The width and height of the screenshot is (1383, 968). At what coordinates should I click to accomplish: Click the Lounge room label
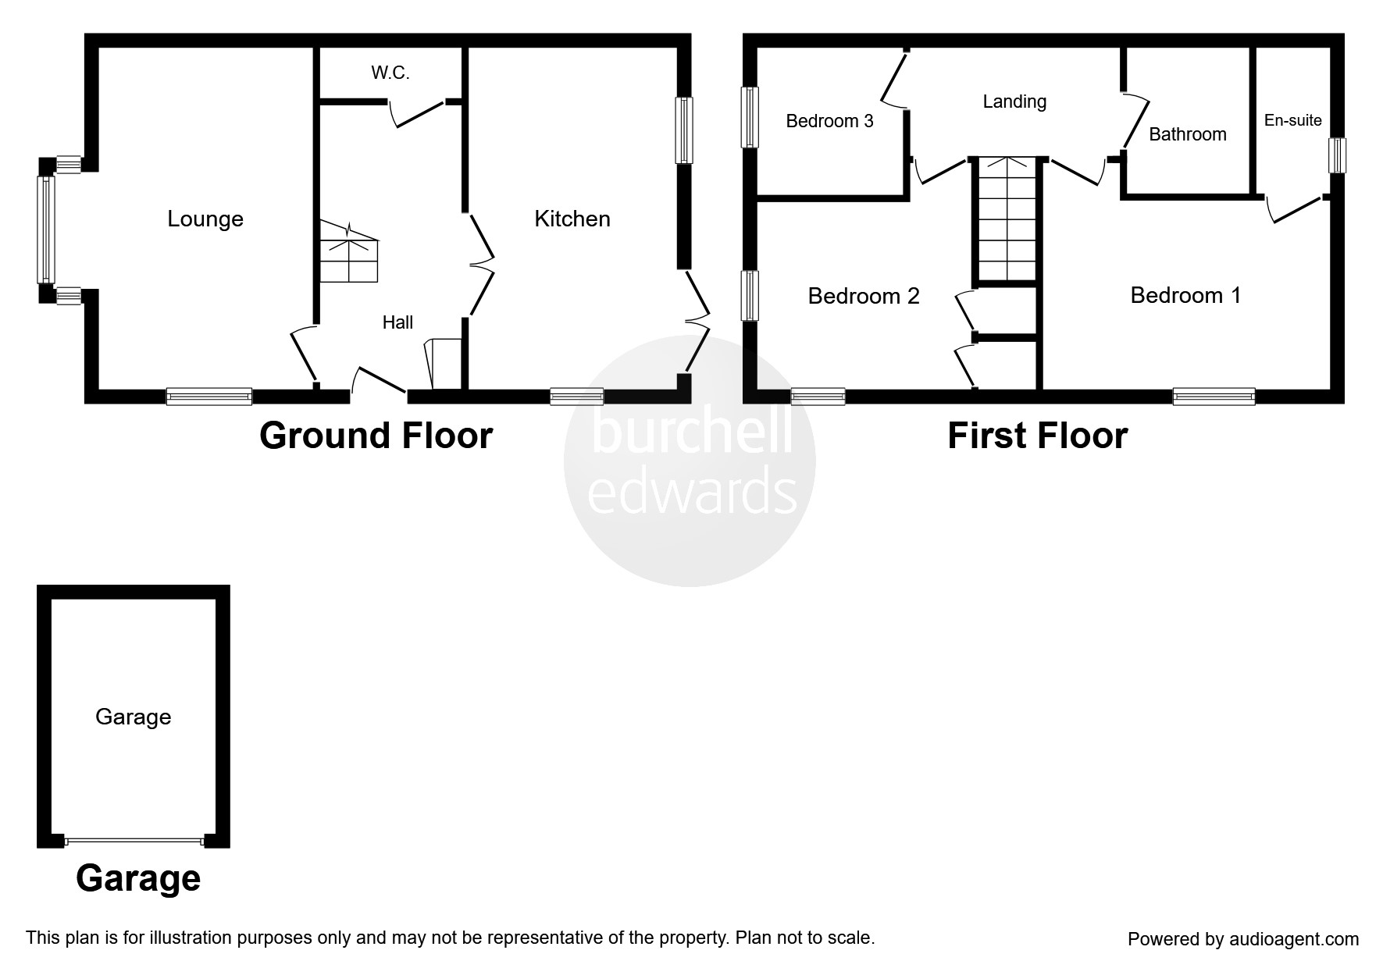tap(205, 219)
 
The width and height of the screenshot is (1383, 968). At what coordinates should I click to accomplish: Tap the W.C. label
tap(390, 73)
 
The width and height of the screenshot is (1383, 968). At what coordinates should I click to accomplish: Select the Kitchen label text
tap(572, 219)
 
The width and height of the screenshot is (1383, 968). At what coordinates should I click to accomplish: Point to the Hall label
tap(397, 322)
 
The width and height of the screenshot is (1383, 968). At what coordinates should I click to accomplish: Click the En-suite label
tap(1292, 121)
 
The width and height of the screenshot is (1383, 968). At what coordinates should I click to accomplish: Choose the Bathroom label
tap(1187, 135)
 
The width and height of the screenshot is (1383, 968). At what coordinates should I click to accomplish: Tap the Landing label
tap(1014, 101)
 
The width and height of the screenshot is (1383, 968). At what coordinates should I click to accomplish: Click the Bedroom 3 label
tap(829, 122)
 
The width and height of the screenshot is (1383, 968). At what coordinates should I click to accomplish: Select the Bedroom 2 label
tap(864, 297)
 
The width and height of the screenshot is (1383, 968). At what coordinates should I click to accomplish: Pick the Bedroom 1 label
tap(1185, 296)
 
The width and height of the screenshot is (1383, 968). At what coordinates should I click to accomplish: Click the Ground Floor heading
tap(376, 436)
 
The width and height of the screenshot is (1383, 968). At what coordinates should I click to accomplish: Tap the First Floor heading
tap(1037, 436)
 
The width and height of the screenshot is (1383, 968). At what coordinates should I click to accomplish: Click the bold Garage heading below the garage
tap(138, 878)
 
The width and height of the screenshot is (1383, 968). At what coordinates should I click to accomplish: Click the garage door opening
tap(134, 841)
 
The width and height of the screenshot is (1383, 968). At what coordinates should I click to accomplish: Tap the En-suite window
tap(1338, 155)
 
